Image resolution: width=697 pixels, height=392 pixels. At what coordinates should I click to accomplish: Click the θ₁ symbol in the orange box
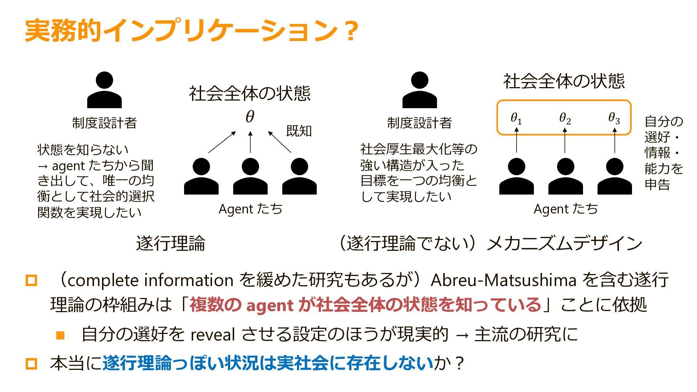click(x=516, y=118)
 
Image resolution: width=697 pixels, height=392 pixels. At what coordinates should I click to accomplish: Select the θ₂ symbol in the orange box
click(x=565, y=118)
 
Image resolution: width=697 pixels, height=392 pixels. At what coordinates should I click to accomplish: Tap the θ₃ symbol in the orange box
click(x=614, y=118)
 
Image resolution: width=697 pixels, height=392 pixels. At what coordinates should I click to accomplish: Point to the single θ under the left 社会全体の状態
click(x=250, y=117)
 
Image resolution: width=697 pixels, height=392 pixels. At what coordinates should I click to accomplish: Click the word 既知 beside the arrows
click(x=299, y=131)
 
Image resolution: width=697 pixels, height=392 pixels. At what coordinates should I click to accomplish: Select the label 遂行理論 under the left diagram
click(x=170, y=243)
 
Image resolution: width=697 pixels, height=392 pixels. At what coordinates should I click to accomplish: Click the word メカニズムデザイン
click(x=564, y=243)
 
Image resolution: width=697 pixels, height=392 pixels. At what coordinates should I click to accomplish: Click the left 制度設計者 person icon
click(x=104, y=90)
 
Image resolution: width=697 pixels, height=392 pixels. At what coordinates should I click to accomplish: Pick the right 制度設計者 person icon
click(x=419, y=90)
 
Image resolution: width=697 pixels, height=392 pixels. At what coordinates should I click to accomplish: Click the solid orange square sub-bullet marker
click(x=60, y=335)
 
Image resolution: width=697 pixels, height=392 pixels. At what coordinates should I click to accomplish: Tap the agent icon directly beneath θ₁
click(x=516, y=176)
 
